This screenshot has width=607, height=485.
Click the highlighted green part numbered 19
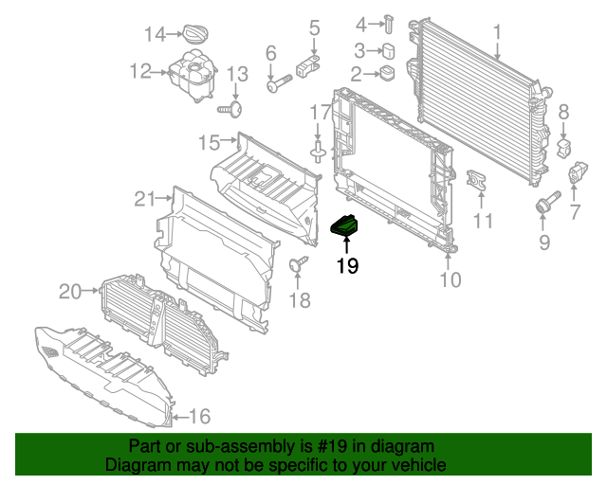click(x=344, y=227)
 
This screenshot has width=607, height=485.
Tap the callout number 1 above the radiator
click(x=496, y=35)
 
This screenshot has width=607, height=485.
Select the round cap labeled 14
click(x=197, y=34)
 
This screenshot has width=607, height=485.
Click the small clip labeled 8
click(x=565, y=149)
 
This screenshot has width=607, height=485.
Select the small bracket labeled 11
click(x=478, y=181)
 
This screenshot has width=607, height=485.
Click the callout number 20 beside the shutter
click(x=70, y=292)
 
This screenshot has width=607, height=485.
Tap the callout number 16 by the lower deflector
click(x=199, y=416)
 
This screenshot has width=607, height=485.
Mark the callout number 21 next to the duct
click(x=144, y=199)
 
